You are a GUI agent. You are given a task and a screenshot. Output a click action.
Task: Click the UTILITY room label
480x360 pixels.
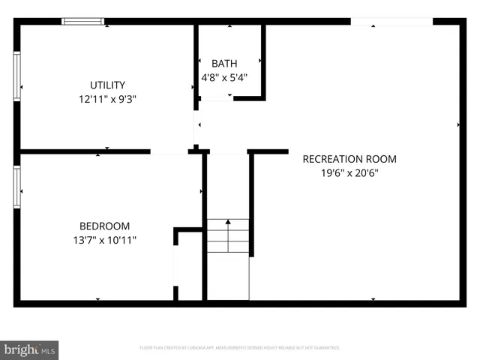[x=107, y=85]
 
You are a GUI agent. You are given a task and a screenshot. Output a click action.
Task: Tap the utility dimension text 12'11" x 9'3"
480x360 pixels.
[x=107, y=98]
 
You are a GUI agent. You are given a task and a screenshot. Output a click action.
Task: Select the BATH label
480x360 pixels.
[x=223, y=63]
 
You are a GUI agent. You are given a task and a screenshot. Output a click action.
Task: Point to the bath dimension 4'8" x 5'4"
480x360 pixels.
[x=223, y=76]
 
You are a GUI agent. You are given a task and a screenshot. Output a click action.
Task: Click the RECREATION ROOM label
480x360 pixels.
[x=349, y=159]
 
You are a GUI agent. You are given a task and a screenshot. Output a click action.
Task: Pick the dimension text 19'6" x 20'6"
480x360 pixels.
[x=349, y=172]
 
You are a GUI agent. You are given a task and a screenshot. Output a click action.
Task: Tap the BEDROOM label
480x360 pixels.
[x=104, y=226]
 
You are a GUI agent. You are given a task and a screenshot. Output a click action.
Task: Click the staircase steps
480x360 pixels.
[x=228, y=235]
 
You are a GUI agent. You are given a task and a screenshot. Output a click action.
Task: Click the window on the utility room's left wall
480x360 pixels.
[x=16, y=76]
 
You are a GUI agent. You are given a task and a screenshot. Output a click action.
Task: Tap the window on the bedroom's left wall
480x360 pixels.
[x=16, y=187]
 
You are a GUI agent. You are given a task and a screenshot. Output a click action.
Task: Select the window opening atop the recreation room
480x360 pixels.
[x=391, y=21]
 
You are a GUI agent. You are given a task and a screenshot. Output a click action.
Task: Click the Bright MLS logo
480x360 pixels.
[x=30, y=349]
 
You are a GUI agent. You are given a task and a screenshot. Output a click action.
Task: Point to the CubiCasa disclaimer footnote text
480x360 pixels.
[x=240, y=348]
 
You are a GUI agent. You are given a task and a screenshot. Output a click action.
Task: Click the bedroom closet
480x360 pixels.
[x=189, y=266]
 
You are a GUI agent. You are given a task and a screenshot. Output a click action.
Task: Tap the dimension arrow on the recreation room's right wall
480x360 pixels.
[x=458, y=124]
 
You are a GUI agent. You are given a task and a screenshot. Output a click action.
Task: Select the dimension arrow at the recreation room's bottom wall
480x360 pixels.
[x=373, y=299]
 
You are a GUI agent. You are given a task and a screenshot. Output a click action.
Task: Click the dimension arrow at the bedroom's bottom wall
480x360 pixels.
[x=97, y=299]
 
